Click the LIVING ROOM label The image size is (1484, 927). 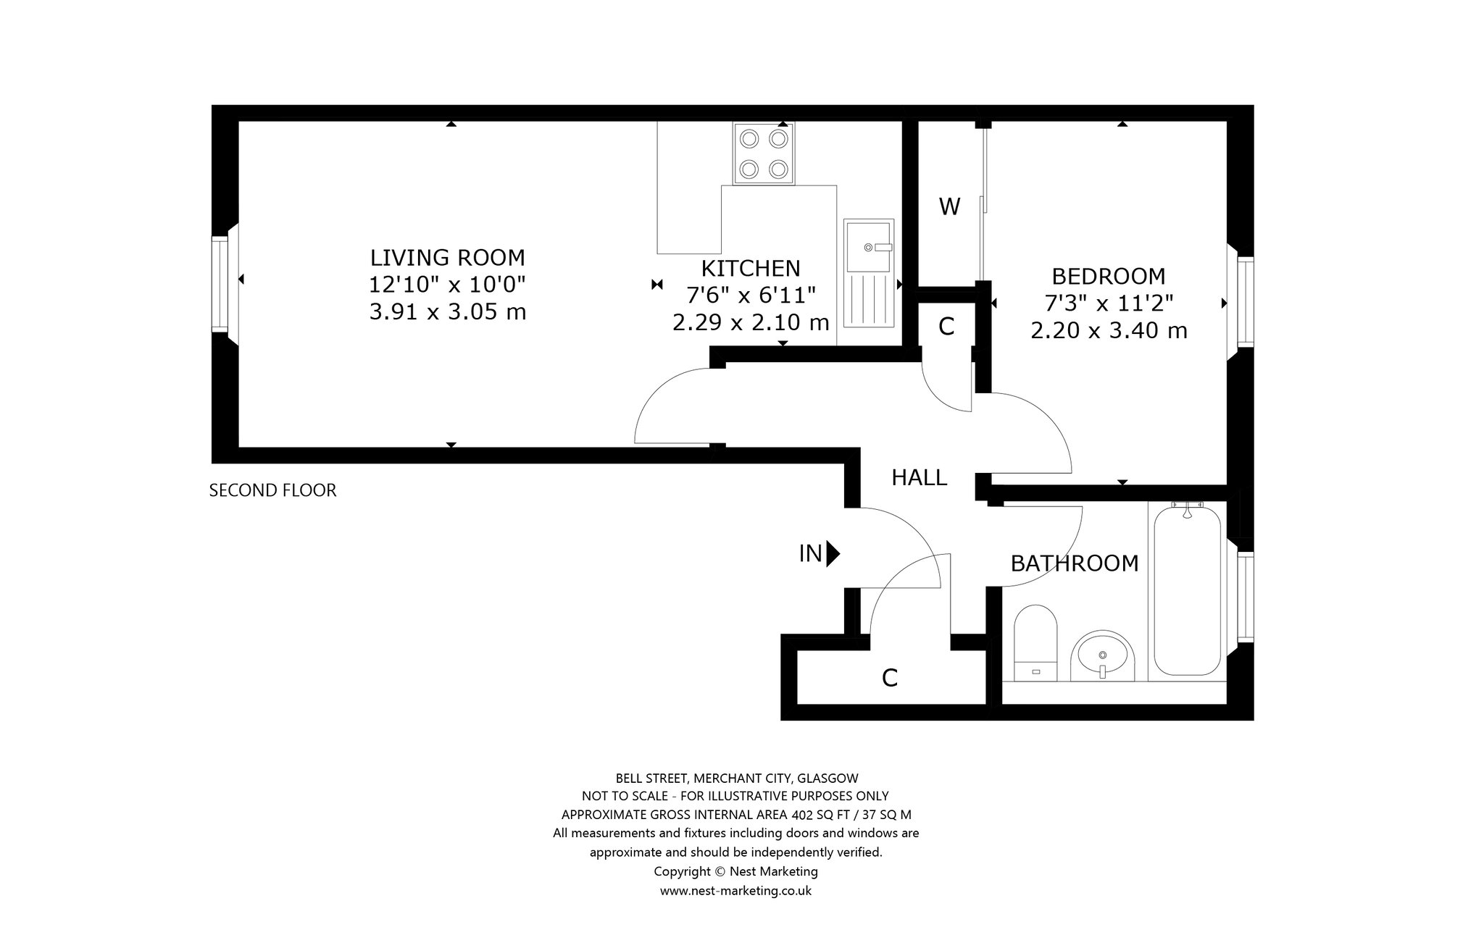(x=447, y=258)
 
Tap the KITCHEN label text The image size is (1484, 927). (x=751, y=269)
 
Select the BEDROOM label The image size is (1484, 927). (x=1109, y=277)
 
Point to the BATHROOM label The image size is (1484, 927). (x=1075, y=563)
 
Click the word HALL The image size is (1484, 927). (x=920, y=478)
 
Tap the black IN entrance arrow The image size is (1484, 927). (x=833, y=554)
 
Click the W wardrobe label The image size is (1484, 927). (x=949, y=207)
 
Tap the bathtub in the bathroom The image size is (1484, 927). (x=1187, y=590)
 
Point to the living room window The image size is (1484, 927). (x=220, y=284)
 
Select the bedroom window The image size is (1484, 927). (x=1246, y=301)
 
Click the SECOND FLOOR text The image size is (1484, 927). (x=273, y=491)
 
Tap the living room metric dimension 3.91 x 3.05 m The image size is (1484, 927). (x=448, y=312)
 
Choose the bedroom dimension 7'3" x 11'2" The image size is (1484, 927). (x=1109, y=303)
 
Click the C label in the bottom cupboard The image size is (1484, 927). (x=890, y=679)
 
